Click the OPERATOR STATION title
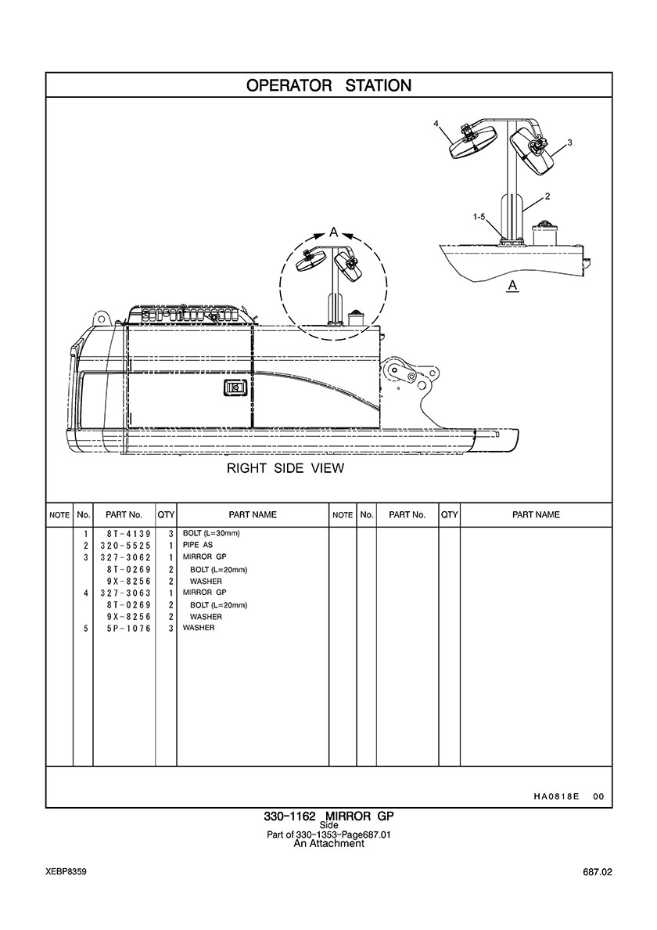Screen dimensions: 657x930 coord(328,85)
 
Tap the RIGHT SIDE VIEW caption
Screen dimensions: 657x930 coord(285,468)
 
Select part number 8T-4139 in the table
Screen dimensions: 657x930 coord(124,533)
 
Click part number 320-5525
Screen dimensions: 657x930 coord(124,545)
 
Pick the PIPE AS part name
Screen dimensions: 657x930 coord(198,545)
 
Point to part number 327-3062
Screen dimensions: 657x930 coord(124,557)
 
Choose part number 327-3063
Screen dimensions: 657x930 coord(124,593)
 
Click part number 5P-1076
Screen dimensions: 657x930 coord(128,628)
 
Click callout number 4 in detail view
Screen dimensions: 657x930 coord(436,124)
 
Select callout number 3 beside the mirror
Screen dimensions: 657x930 coord(569,142)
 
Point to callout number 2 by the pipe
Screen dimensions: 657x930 coord(547,196)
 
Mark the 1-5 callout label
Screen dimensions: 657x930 coord(479,217)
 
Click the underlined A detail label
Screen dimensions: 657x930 coord(513,286)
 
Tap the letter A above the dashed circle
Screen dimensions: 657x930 coord(334,232)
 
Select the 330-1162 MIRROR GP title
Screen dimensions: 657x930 coord(328,816)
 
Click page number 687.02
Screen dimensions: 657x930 coord(597,873)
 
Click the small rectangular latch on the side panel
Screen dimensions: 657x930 coord(233,388)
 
